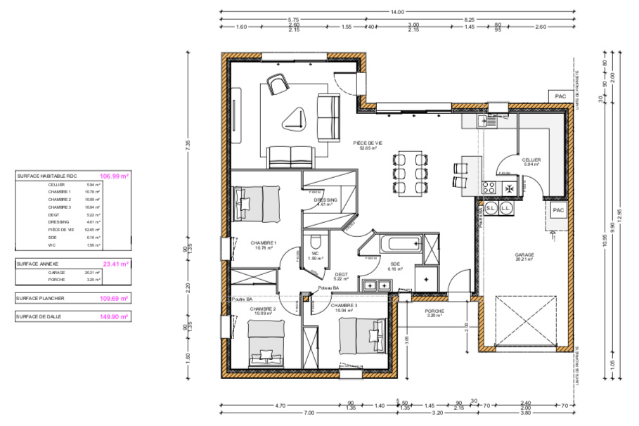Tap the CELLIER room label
tap(531, 162)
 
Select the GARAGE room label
tap(524, 257)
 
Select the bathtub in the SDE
tap(399, 245)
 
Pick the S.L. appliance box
tap(491, 209)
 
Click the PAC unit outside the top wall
tap(560, 96)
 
